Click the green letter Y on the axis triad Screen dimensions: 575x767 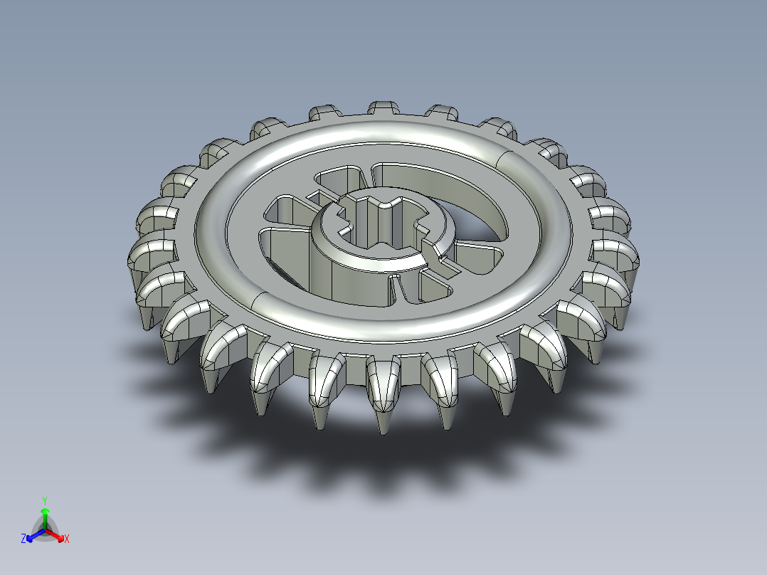(45, 500)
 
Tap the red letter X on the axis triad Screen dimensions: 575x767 (66, 539)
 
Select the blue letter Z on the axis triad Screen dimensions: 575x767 (23, 539)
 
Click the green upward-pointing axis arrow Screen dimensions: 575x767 (45, 514)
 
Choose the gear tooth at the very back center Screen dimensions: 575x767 (383, 108)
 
